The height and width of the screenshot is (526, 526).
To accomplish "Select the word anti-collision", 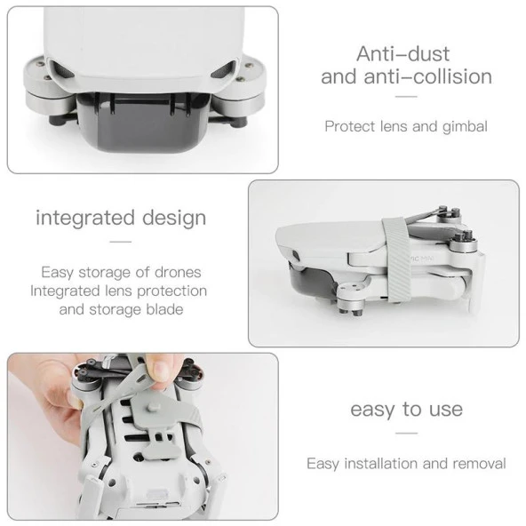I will pos(435,76).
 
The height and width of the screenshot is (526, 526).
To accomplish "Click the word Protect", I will pos(349,126).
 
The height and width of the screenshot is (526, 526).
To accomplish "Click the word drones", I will pos(176,272).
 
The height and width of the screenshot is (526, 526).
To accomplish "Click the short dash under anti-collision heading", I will pos(405,98).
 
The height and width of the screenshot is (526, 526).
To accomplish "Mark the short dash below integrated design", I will pos(120,241).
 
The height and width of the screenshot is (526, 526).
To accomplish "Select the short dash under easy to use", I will pos(405,433).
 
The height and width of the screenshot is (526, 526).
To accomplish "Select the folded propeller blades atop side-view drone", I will pos(435,218).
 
